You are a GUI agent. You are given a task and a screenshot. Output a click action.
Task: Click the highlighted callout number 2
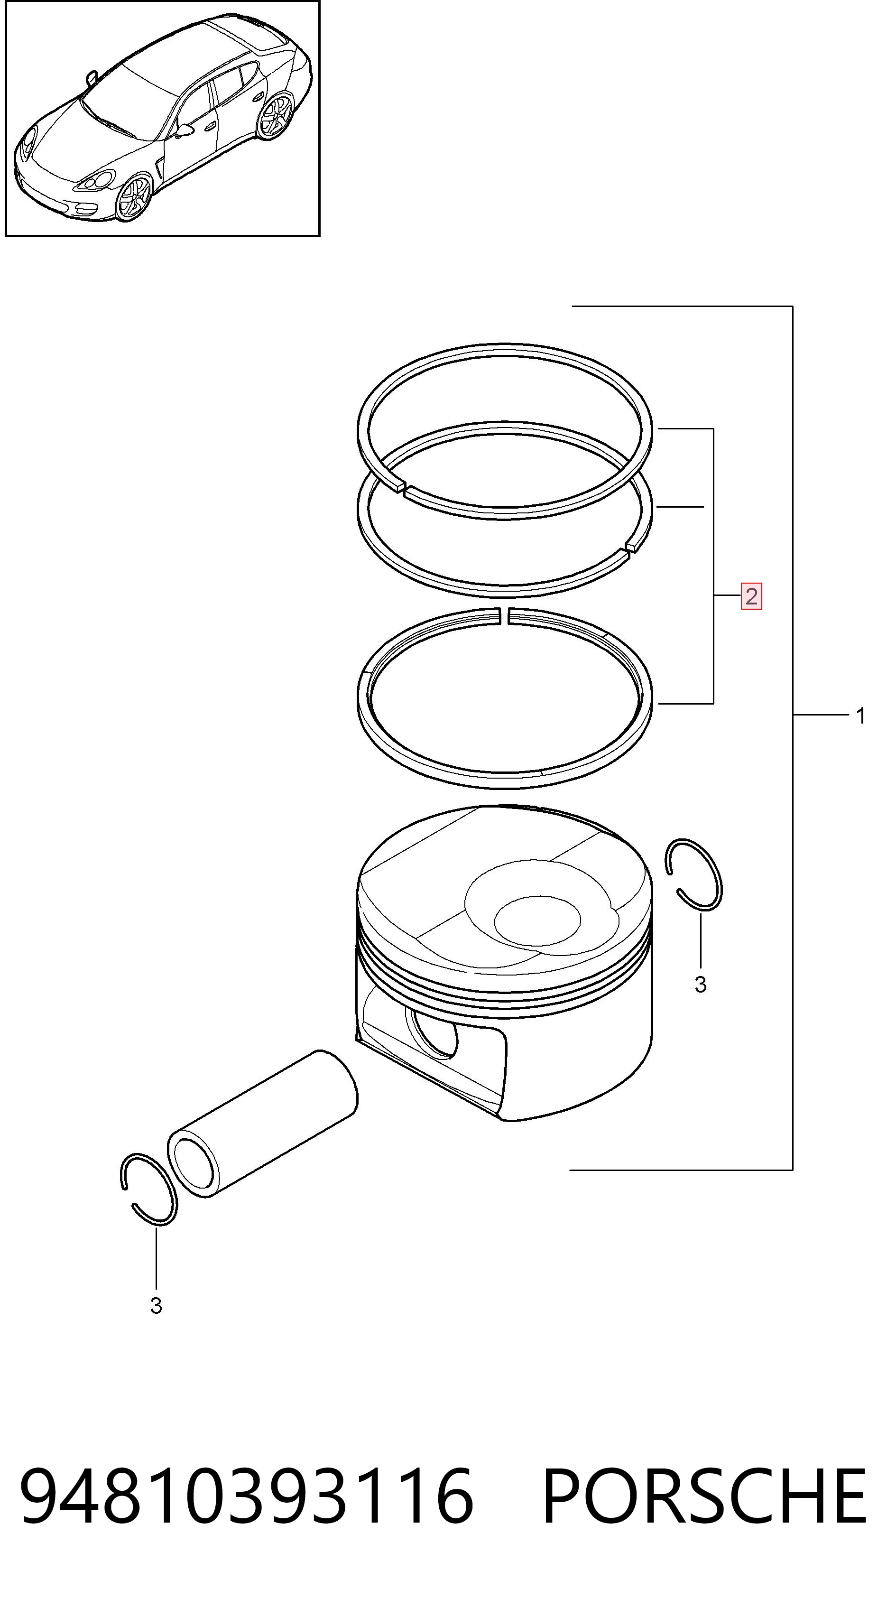(x=751, y=596)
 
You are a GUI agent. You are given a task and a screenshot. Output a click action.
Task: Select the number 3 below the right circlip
(x=701, y=984)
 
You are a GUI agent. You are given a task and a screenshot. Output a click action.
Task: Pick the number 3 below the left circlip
(x=157, y=1306)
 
